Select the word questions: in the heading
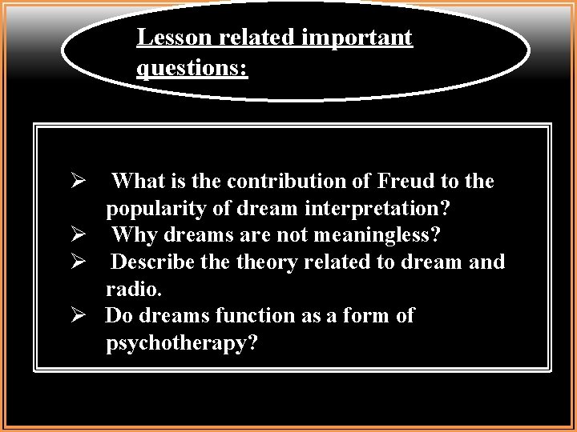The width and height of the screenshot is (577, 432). tap(192, 69)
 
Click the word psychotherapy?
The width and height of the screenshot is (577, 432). tap(183, 342)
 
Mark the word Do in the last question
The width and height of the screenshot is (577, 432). tap(119, 315)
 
